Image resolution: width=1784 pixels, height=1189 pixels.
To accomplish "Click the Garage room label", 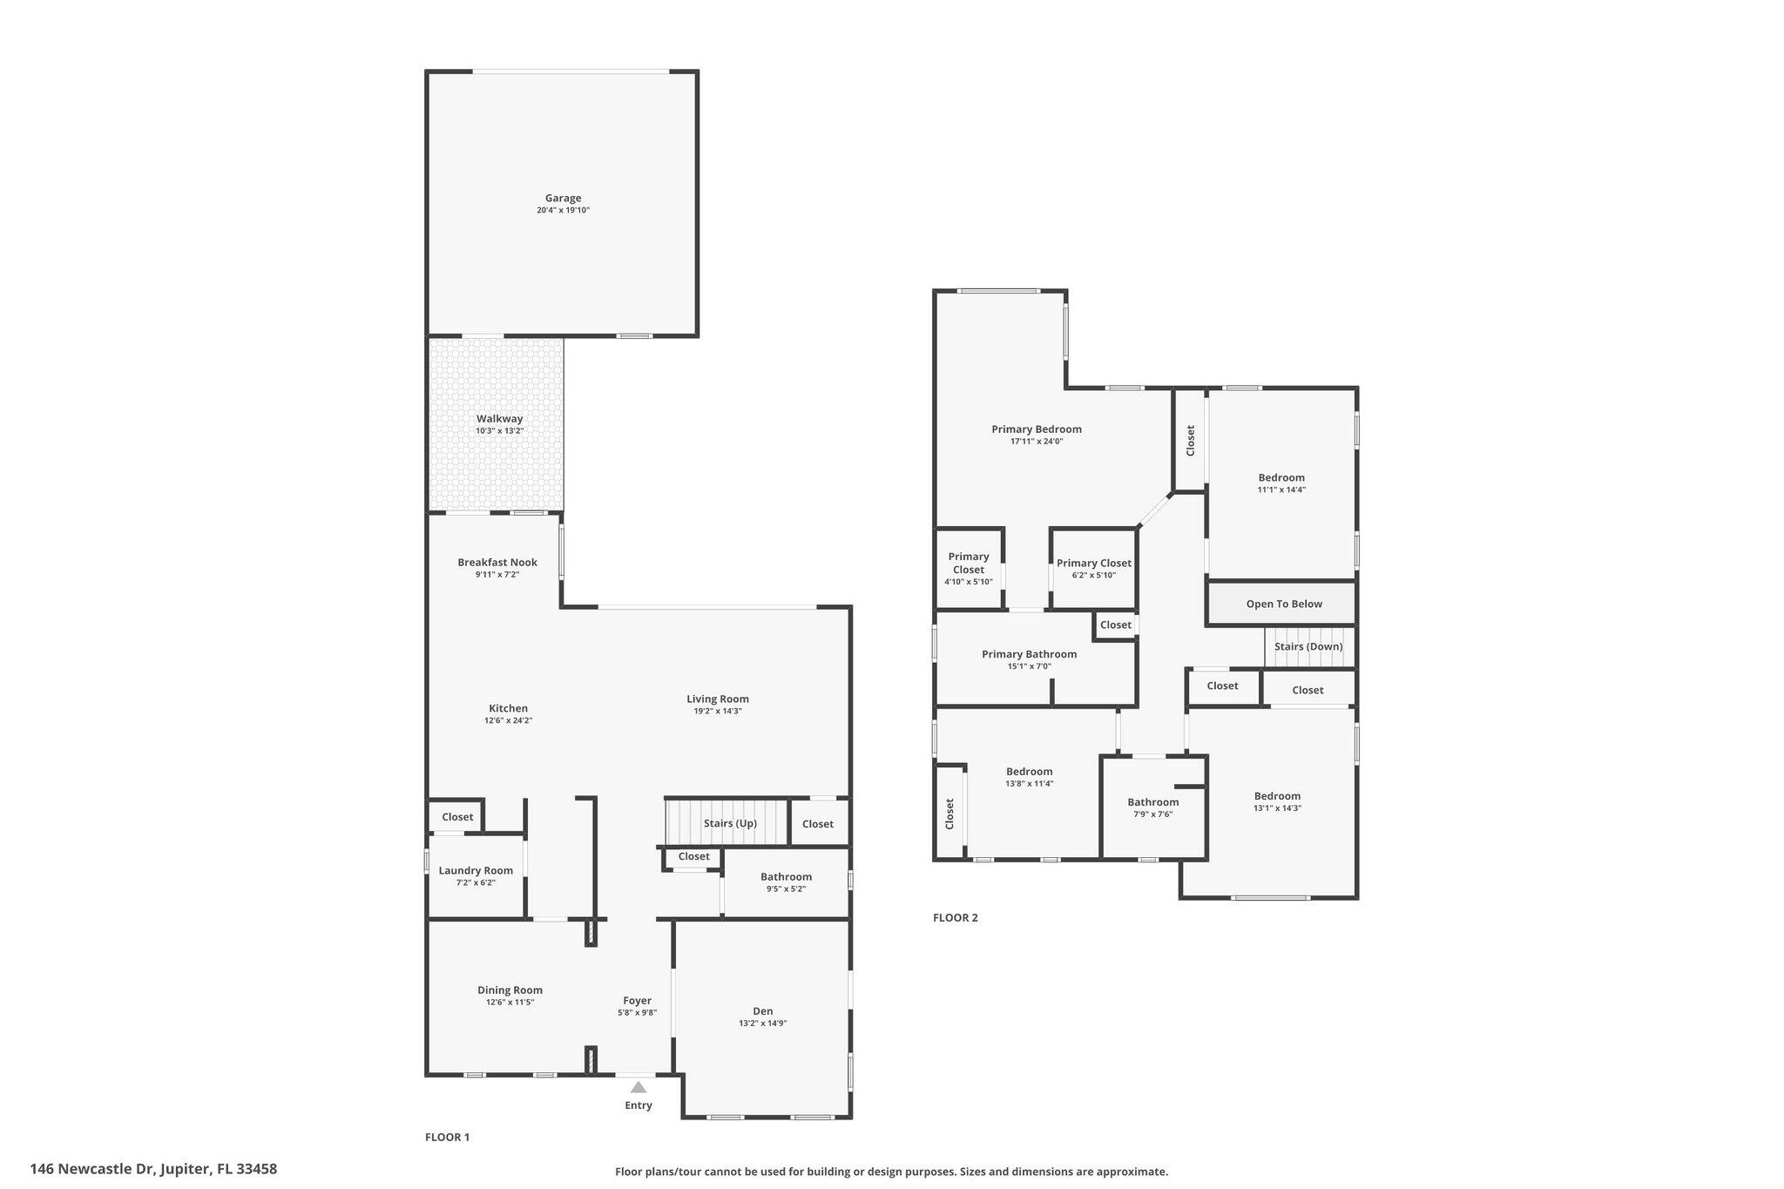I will (x=563, y=198).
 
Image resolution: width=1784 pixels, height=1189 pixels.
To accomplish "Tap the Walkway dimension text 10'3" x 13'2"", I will (x=499, y=431).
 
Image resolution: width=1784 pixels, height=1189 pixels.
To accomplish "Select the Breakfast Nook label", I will (x=497, y=562).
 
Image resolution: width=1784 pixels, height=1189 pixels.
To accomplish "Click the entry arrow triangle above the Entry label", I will (x=639, y=1086).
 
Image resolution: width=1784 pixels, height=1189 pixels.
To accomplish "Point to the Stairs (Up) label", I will (x=730, y=823).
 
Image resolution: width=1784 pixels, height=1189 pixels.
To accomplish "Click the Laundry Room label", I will (x=476, y=870).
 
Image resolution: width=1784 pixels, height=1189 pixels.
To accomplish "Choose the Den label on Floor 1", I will (x=762, y=1010).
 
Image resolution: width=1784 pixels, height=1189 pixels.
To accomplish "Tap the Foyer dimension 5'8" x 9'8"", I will (x=637, y=1012).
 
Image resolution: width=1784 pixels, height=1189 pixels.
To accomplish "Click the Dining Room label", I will (x=510, y=990).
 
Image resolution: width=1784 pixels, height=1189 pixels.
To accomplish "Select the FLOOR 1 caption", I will (x=447, y=1137).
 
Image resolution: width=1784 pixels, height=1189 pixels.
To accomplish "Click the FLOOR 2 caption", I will (x=955, y=917).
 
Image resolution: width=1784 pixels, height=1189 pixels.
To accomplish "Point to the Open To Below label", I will (x=1283, y=604).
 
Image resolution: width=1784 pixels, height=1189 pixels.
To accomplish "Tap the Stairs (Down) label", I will (x=1308, y=646).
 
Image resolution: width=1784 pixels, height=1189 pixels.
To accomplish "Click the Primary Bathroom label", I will (x=1029, y=654).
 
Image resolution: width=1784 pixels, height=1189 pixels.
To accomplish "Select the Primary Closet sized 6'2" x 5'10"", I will (x=1093, y=563).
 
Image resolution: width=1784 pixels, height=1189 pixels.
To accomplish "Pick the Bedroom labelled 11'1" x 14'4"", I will (x=1281, y=477).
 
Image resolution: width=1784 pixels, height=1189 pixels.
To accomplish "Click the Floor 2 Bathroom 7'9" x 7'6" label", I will (x=1152, y=802).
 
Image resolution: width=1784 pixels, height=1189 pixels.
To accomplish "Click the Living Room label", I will (x=717, y=699).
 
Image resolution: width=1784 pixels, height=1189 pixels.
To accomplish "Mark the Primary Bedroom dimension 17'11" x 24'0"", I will (x=1036, y=442).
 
